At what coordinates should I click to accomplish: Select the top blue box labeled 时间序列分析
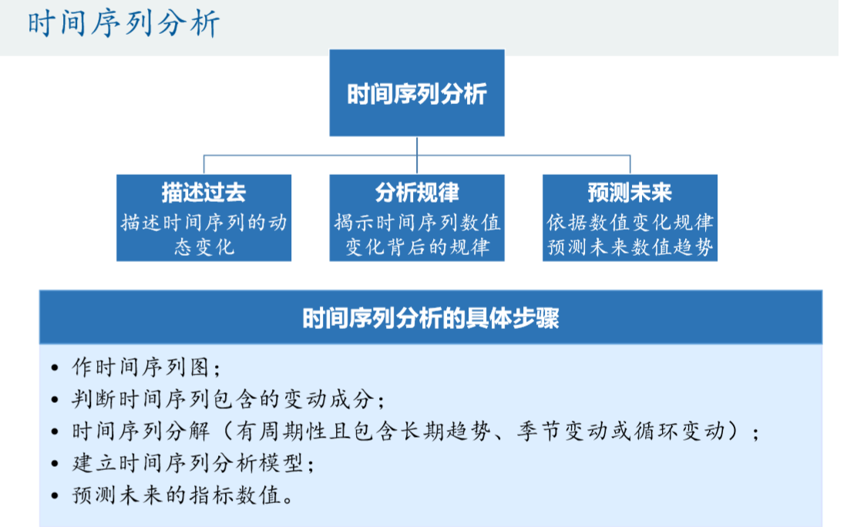(x=417, y=93)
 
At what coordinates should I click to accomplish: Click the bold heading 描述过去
(x=203, y=192)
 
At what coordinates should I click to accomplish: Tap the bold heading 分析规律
(x=417, y=192)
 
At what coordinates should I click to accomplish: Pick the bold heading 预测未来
(x=630, y=192)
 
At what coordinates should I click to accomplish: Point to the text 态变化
(x=203, y=247)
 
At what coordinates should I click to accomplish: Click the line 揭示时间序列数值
(x=417, y=223)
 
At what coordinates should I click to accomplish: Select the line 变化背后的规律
(x=417, y=247)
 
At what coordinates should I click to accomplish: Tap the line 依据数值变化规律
(x=630, y=223)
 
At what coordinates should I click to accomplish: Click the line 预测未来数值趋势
(x=630, y=247)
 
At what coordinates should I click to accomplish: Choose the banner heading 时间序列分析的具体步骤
(x=431, y=317)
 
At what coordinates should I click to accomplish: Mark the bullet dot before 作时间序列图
(x=54, y=368)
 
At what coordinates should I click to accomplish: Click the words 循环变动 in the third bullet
(x=687, y=431)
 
